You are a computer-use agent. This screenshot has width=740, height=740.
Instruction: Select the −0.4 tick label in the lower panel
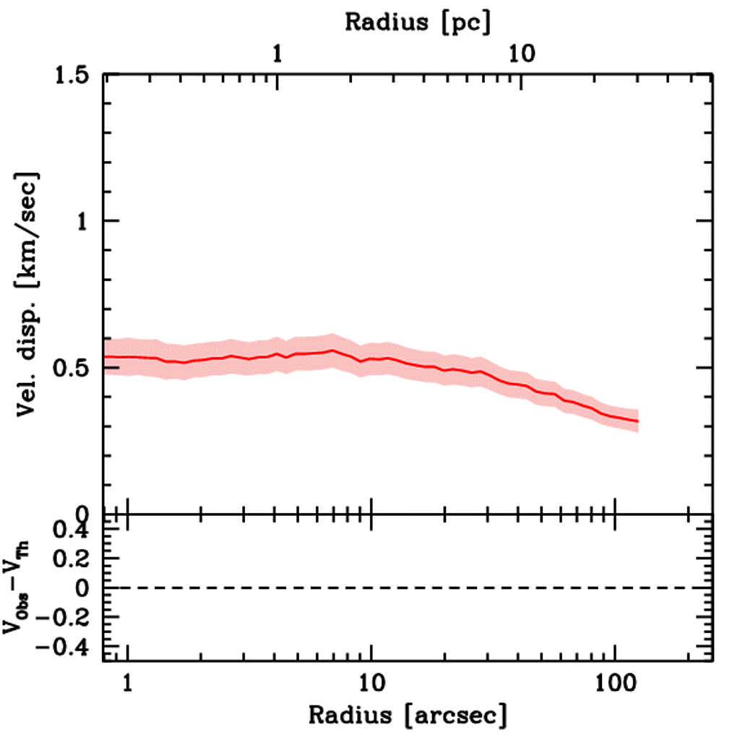(x=66, y=646)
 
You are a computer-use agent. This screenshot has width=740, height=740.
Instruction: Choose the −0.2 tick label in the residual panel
(x=66, y=618)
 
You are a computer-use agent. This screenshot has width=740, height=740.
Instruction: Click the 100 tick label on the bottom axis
(x=614, y=683)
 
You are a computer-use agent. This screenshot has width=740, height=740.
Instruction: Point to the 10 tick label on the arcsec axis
(x=371, y=683)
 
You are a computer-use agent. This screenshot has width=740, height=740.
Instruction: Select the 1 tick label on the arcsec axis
(x=128, y=683)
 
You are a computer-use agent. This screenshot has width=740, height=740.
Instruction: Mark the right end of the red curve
(x=638, y=421)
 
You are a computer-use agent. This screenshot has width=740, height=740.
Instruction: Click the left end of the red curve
(x=106, y=357)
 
